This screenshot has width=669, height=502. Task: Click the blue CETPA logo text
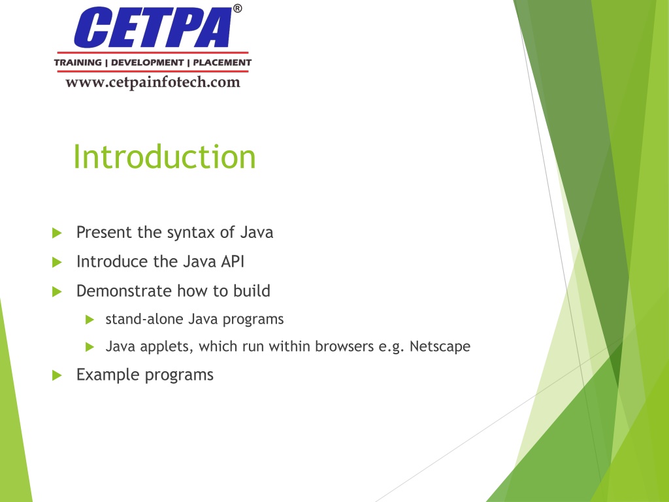(x=153, y=27)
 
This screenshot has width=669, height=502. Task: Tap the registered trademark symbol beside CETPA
(x=238, y=8)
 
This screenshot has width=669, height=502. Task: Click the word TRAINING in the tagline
(x=78, y=62)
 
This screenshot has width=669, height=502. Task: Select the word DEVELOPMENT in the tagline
(x=147, y=62)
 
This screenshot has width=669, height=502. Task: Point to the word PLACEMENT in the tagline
(x=222, y=62)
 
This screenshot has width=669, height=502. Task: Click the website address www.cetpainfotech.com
(x=153, y=82)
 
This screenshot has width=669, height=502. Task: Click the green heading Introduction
(x=165, y=157)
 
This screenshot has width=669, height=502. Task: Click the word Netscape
(x=440, y=346)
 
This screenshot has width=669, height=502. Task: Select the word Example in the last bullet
(x=108, y=375)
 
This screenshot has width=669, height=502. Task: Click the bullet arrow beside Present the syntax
(x=57, y=233)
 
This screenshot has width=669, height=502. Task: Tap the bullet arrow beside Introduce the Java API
(x=57, y=262)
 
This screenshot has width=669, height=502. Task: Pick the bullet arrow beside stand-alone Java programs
(x=90, y=320)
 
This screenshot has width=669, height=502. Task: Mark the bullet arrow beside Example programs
(x=57, y=376)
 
